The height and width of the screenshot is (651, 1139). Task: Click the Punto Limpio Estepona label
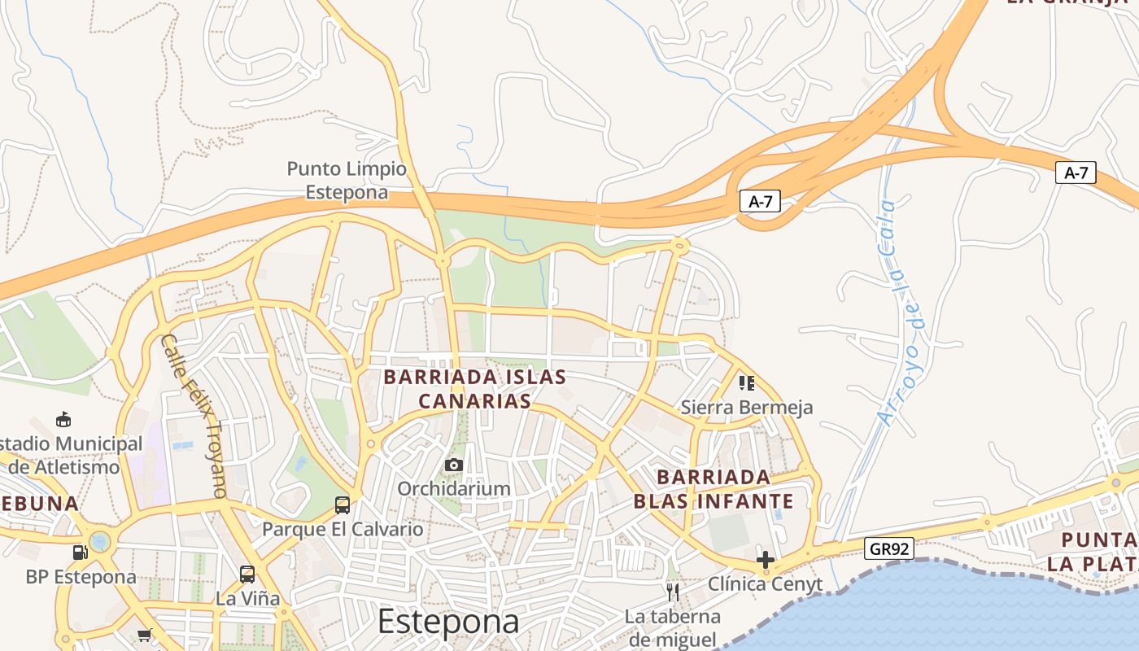pos(346,181)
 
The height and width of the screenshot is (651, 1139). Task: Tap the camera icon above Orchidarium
pos(454,465)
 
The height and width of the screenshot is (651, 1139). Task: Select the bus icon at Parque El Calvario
pos(343,505)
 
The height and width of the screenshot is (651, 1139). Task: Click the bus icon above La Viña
pos(247,575)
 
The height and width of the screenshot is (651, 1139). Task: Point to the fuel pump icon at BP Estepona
pos(80,552)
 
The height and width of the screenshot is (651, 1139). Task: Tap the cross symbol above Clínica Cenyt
pos(765,559)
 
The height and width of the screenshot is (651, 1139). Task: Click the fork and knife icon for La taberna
pos(672,592)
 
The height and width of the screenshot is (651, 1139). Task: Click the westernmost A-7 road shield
pos(760,202)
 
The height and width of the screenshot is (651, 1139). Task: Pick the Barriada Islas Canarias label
pos(474,389)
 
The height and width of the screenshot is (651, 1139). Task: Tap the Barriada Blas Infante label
pos(714,488)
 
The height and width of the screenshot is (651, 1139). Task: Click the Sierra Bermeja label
pos(746,407)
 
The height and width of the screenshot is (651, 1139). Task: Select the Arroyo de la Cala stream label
pos(901,312)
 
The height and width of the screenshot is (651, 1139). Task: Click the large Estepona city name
pos(448,622)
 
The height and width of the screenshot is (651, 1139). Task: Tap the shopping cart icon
pos(145,635)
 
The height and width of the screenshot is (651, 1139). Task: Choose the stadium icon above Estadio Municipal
pos(63,420)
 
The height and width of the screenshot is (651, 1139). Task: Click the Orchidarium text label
pos(454,488)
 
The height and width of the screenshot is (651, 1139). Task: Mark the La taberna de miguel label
pos(672,627)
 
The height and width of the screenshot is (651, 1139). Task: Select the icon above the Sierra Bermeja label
pos(746,382)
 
